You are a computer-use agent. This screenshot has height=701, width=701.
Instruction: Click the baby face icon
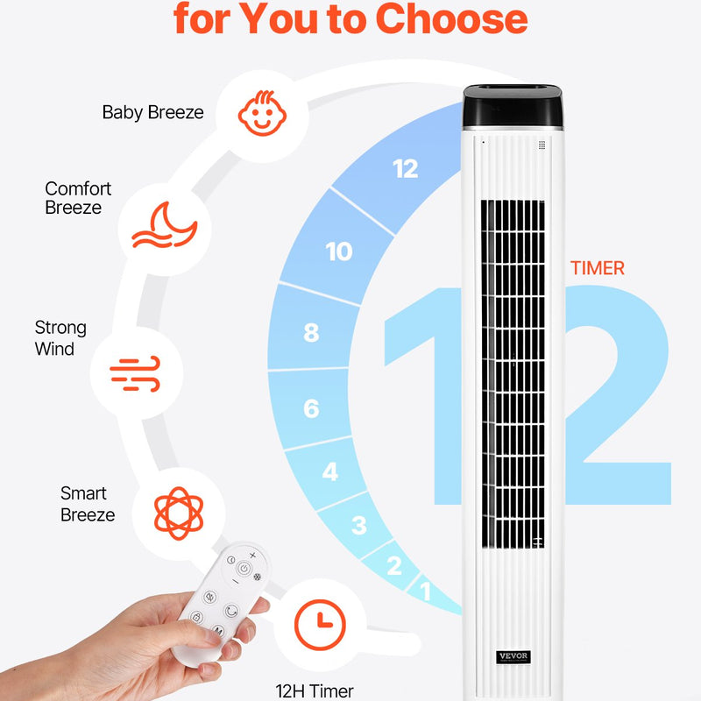262,113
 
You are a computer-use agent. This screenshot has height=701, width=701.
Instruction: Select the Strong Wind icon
136,373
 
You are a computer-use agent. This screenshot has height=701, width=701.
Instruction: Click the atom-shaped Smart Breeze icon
179,513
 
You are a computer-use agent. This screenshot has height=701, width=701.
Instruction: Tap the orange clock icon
320,625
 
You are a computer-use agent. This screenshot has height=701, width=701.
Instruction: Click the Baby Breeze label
152,112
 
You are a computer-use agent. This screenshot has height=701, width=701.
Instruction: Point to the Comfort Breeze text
78,198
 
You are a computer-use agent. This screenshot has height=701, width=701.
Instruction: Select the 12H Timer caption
315,691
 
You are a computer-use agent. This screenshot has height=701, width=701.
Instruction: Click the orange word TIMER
598,268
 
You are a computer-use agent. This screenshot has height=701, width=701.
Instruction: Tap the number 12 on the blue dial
406,169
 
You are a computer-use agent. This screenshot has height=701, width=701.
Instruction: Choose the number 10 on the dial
339,251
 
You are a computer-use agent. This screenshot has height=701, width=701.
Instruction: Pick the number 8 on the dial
311,333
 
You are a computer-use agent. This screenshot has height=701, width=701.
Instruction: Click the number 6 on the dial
311,408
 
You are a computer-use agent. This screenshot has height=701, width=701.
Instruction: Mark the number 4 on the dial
330,471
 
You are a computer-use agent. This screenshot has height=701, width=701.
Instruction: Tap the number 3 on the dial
359,525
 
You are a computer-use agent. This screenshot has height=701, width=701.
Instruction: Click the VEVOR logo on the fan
513,656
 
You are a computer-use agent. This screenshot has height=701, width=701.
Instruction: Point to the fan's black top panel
513,106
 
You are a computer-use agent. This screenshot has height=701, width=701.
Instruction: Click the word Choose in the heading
451,18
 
